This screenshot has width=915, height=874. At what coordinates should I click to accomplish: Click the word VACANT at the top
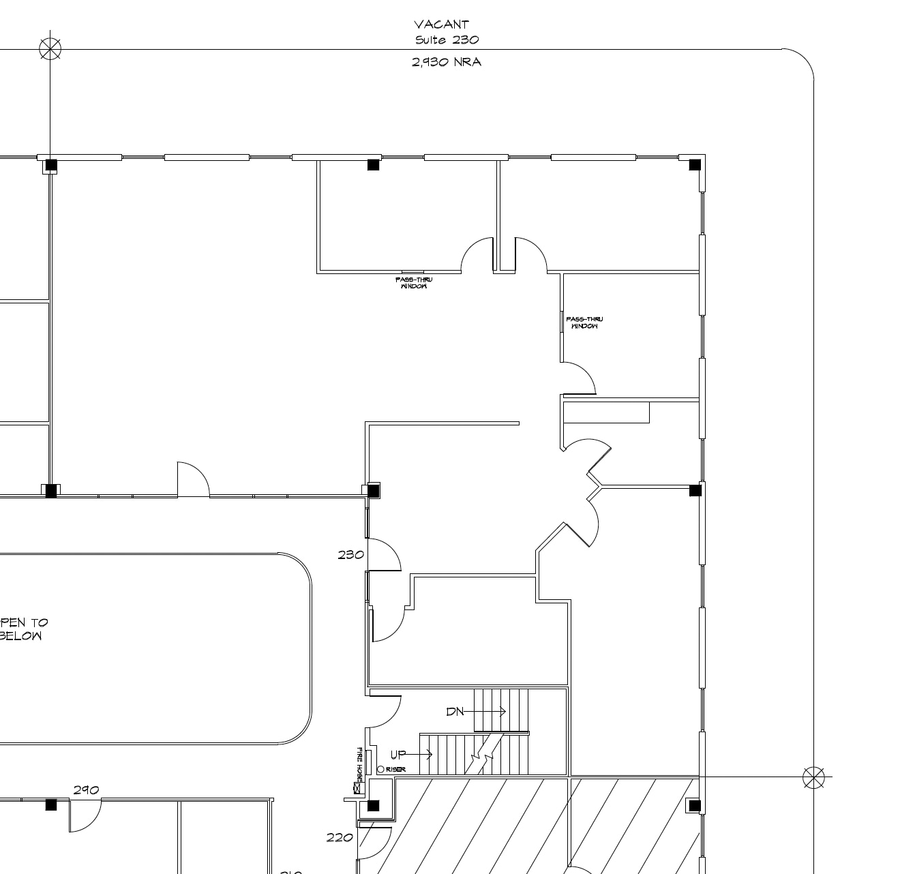441,25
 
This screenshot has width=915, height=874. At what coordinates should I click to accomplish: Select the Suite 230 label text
447,40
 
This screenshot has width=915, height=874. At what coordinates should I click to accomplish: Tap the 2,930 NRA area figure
447,62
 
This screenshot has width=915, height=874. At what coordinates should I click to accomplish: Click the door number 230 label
350,555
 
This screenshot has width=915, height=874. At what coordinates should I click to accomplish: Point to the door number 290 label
86,790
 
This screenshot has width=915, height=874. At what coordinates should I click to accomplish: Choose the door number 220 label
340,838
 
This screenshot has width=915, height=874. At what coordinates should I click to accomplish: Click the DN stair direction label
455,712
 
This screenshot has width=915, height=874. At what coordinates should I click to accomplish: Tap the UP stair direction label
398,755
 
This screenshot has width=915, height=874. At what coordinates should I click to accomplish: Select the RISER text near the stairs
396,770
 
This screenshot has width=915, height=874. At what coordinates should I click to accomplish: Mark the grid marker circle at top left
50,49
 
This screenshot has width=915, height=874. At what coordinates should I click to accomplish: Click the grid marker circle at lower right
813,777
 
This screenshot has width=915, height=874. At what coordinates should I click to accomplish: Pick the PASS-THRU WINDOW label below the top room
413,283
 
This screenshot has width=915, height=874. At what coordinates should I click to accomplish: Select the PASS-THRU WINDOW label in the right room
584,323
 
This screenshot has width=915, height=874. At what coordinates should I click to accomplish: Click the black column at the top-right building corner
695,165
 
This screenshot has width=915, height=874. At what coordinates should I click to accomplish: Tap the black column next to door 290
51,805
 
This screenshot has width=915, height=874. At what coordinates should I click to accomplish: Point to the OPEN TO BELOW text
22,629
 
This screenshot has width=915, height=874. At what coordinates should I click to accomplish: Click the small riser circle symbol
380,770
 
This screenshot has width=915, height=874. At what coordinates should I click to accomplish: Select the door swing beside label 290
85,815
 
